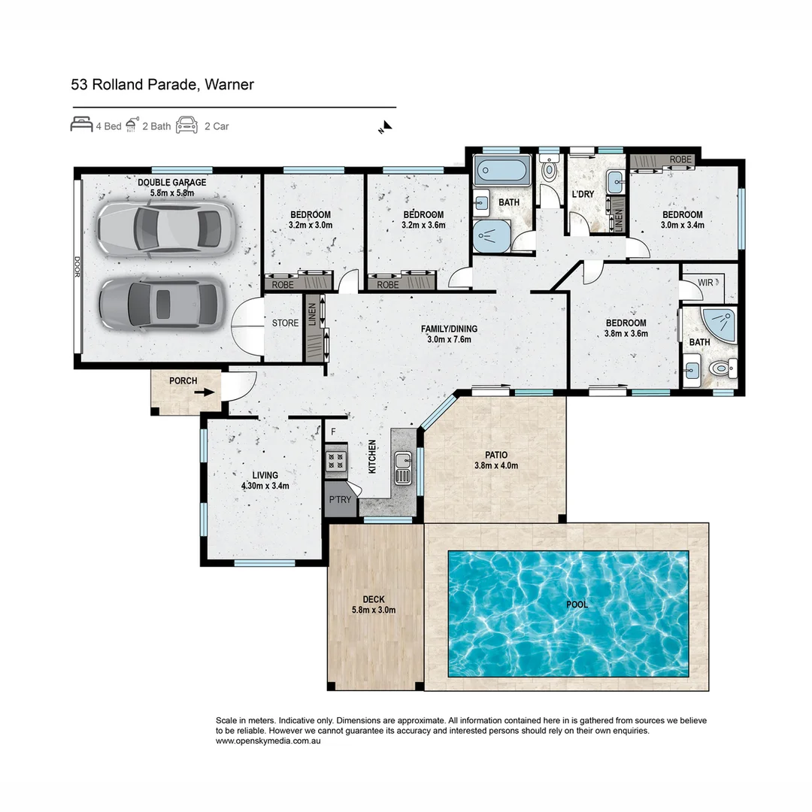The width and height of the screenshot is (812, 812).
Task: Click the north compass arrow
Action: pos(387,126)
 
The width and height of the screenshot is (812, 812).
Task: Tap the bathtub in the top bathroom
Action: pos(502,170)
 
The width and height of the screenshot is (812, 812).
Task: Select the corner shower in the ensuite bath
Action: pos(718,326)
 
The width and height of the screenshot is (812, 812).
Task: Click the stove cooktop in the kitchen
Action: pos(335,460)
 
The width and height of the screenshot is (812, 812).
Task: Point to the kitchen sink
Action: pos(404,468)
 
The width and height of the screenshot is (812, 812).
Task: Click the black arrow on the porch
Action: pos(205,392)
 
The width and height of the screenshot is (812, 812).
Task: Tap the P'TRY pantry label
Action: pos(341,500)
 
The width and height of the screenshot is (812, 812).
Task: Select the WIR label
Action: pos(705,283)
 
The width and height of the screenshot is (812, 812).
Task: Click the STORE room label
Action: pos(286,323)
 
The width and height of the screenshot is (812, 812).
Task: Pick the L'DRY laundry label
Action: pos(583,194)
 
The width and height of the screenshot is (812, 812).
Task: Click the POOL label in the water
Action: pos(577,604)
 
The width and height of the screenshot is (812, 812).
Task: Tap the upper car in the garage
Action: pos(166,228)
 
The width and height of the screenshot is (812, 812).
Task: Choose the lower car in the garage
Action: pos(162,304)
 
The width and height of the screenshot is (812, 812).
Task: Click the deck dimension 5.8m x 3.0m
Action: pos(374,610)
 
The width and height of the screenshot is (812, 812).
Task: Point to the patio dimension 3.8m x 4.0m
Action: pos(496,465)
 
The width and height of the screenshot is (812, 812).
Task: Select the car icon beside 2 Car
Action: pos(187,125)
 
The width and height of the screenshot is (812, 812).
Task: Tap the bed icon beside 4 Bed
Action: pos(81,125)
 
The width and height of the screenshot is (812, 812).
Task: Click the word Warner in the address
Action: pos(229,84)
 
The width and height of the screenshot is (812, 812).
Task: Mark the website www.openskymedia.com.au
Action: pos(268,741)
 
